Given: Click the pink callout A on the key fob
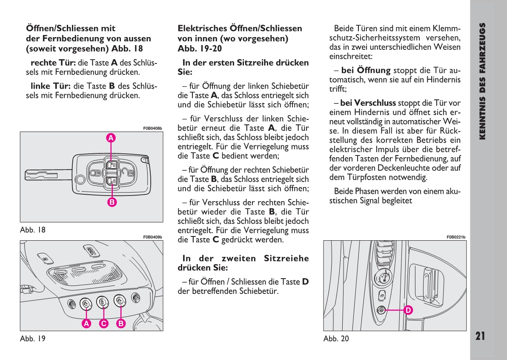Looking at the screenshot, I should [x=111, y=138].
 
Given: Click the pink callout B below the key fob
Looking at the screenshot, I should [x=112, y=202].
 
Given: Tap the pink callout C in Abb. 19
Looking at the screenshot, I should [x=103, y=323].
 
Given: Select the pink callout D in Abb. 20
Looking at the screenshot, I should [x=407, y=310].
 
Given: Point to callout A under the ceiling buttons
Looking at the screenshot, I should [x=86, y=323].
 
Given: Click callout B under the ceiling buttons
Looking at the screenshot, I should [x=121, y=323].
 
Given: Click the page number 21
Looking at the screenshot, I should [x=480, y=336].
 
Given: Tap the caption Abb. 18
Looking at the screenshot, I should [x=32, y=230].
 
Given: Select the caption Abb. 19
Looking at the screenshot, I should [x=32, y=339].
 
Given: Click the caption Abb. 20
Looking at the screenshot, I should [x=336, y=339].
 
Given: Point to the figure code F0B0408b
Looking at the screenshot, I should [x=152, y=128].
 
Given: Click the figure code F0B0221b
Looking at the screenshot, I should [x=456, y=237].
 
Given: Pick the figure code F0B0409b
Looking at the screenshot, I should [x=152, y=237].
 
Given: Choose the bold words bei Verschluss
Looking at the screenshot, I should [x=368, y=103].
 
